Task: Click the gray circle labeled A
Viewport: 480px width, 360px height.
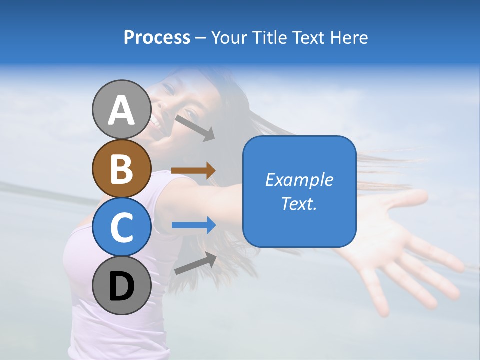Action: pyautogui.click(x=121, y=109)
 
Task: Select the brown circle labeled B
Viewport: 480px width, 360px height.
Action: pyautogui.click(x=121, y=168)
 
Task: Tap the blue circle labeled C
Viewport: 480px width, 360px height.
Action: pyautogui.click(x=121, y=227)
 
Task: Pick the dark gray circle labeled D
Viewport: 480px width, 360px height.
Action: pyautogui.click(x=121, y=285)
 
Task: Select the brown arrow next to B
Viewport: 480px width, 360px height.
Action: pyautogui.click(x=193, y=170)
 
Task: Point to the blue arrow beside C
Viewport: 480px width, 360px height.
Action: pyautogui.click(x=194, y=225)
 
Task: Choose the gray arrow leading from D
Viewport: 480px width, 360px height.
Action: pyautogui.click(x=195, y=263)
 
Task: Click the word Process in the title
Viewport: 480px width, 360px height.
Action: pyautogui.click(x=157, y=38)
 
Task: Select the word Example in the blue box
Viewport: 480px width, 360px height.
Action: pyautogui.click(x=299, y=180)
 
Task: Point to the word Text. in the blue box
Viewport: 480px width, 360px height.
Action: pyautogui.click(x=299, y=203)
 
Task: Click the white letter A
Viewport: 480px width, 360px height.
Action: pyautogui.click(x=121, y=110)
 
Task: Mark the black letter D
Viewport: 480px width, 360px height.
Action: pyautogui.click(x=121, y=286)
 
